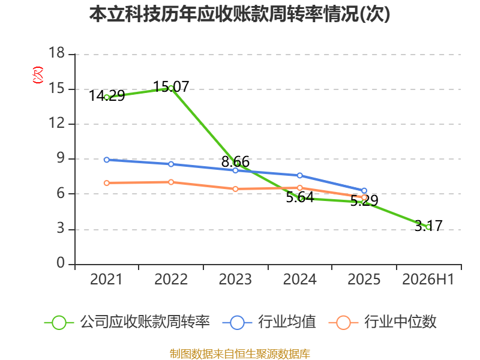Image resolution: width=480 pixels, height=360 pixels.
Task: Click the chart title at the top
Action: (x=239, y=14)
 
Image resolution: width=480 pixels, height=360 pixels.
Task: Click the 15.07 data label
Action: (x=171, y=86)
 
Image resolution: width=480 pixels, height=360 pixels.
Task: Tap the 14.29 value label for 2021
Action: (x=107, y=96)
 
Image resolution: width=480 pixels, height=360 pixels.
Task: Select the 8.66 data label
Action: (x=235, y=161)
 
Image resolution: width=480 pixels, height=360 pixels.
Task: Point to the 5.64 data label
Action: (x=300, y=197)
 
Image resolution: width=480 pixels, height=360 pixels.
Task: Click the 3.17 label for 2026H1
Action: (x=428, y=226)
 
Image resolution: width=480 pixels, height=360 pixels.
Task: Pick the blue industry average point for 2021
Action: (x=107, y=160)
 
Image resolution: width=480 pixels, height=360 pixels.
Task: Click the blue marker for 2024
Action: (x=299, y=175)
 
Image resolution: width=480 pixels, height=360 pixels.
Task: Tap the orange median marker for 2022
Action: (x=171, y=182)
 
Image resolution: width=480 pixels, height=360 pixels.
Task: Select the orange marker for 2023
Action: (x=235, y=189)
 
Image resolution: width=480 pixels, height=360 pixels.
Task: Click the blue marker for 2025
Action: (x=364, y=191)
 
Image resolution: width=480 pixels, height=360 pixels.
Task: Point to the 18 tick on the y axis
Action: (x=57, y=53)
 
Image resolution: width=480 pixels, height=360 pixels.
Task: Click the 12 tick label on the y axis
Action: (x=57, y=123)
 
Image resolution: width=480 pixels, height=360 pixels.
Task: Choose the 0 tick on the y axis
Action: (x=61, y=263)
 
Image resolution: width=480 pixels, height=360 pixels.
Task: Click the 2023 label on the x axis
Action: (x=235, y=280)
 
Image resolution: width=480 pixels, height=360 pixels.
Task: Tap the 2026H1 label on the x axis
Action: (x=428, y=280)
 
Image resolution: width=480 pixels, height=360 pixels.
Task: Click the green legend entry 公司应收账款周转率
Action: (x=127, y=322)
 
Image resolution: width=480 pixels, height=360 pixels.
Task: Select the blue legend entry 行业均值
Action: (x=269, y=322)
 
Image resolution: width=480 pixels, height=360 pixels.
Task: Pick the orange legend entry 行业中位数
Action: (x=383, y=322)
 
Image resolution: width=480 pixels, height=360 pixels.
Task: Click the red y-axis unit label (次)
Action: (x=38, y=74)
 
